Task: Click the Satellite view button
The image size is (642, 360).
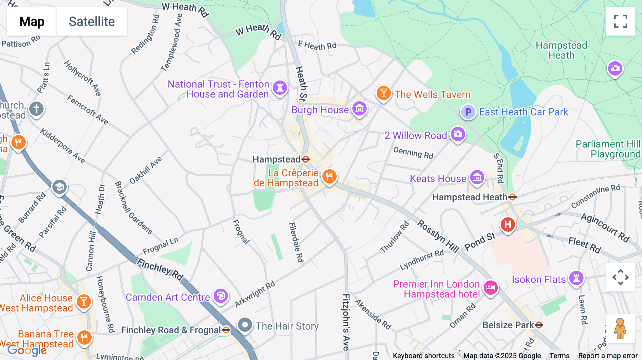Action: [92, 21]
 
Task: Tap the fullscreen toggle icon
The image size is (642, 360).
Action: [620, 21]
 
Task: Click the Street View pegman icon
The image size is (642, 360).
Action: [620, 329]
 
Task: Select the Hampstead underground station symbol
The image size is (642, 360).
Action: [306, 159]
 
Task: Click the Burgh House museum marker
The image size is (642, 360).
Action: [359, 108]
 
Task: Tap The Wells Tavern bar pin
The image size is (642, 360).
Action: [383, 93]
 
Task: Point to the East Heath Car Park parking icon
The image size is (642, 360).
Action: [468, 112]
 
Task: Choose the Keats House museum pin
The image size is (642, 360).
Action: [477, 177]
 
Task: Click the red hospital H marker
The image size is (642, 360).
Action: [508, 225]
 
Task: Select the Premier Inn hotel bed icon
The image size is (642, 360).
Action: [491, 287]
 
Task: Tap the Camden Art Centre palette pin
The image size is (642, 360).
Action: [221, 296]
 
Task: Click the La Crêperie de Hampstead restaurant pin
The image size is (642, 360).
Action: [329, 176]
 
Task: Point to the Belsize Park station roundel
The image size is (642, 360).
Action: [539, 325]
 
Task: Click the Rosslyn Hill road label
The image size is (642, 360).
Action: [438, 236]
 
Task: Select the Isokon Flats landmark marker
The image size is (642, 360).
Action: [576, 278]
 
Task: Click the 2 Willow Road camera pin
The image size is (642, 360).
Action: [458, 134]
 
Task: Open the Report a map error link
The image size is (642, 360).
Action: [607, 356]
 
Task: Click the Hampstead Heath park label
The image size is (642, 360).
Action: [561, 50]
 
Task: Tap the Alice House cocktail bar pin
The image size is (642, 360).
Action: [84, 302]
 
